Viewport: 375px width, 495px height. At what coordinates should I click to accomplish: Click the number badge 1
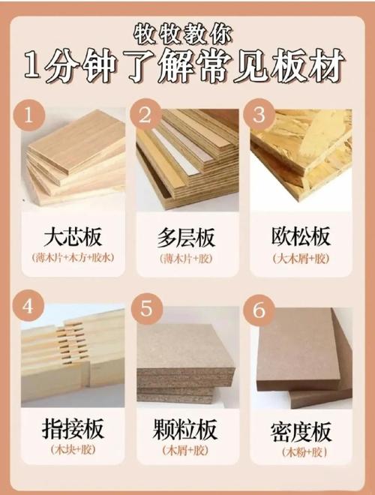pos(28,115)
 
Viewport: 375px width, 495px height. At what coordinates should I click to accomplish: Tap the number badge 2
pos(145,115)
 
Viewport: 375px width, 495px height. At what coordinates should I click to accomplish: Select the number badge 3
pos(259,115)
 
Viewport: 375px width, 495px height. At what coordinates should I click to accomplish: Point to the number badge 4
pos(28,305)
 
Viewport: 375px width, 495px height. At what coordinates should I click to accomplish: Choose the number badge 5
pos(147,307)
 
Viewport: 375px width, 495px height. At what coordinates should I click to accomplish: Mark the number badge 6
pos(259,310)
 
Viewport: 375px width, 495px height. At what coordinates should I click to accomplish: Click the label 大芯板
pos(73,237)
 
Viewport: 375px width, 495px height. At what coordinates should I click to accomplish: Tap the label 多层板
pos(186,238)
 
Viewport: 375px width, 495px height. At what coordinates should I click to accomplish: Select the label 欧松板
pos(300,236)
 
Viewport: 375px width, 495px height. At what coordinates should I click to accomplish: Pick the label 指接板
pos(73,428)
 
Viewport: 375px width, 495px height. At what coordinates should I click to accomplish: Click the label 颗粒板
pos(185,429)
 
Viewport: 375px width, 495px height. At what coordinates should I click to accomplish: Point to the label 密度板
pos(301,431)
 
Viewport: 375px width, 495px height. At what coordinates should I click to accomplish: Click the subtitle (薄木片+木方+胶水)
pos(73,257)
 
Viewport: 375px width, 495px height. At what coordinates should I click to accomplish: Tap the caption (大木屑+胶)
pos(301,259)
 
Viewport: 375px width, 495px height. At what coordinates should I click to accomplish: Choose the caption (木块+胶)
pos(73,449)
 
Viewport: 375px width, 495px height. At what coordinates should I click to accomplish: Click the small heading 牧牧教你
pos(183,34)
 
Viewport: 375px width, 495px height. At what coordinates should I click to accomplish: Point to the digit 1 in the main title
pos(34,66)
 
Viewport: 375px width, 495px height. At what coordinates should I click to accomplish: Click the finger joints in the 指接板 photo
pos(73,343)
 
